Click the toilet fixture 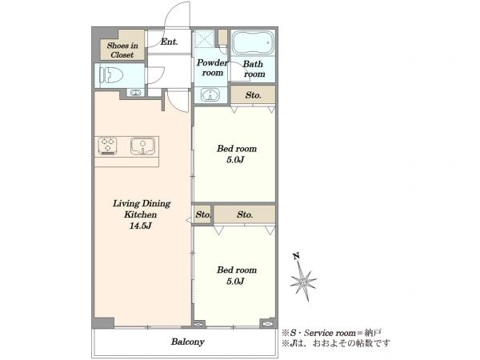[x=111, y=75]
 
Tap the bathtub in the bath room [x=253, y=43]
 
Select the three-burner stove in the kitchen [x=107, y=146]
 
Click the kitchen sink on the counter [x=142, y=146]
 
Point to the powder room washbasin [x=210, y=94]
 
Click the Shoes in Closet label [x=122, y=50]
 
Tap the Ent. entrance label [x=170, y=42]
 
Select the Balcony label [x=188, y=342]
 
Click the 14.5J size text [x=141, y=226]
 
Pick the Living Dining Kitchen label [x=142, y=209]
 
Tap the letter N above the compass [x=296, y=256]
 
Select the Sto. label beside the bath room [x=253, y=95]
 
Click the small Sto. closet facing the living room [x=202, y=214]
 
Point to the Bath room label [x=254, y=69]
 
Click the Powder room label [x=212, y=68]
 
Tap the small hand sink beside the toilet [x=135, y=92]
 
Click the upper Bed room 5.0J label [x=237, y=154]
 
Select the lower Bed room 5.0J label [x=237, y=275]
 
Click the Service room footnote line [x=331, y=333]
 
